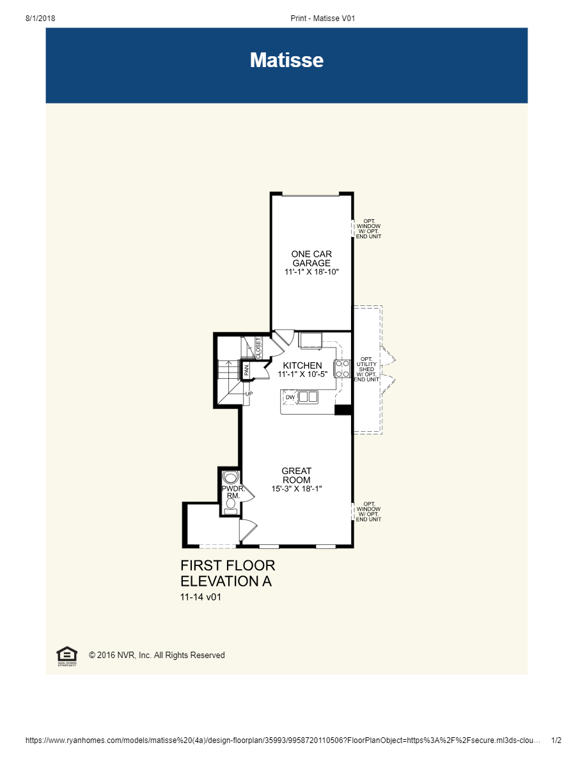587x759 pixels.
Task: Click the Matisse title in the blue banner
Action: (x=286, y=60)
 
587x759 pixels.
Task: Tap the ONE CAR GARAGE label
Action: (x=311, y=258)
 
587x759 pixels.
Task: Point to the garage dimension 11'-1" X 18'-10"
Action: (x=311, y=272)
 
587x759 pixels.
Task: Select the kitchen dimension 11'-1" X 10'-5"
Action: (x=302, y=374)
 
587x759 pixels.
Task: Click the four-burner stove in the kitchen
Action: (x=342, y=369)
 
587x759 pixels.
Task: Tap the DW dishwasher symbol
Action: (x=290, y=397)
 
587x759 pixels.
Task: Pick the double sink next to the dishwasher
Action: (x=308, y=397)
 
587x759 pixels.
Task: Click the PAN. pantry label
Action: (x=246, y=369)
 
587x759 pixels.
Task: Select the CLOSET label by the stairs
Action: (x=258, y=348)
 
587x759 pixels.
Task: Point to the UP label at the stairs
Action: (x=249, y=394)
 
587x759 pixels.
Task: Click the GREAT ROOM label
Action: (x=296, y=475)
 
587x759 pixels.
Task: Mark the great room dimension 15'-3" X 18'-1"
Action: (x=296, y=489)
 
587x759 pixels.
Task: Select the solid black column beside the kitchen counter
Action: (x=343, y=410)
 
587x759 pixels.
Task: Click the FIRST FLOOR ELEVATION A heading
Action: (x=228, y=573)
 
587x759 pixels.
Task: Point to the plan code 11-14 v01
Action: (x=201, y=597)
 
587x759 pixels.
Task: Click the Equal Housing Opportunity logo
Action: (x=67, y=655)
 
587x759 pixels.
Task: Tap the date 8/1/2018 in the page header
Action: (x=40, y=19)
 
